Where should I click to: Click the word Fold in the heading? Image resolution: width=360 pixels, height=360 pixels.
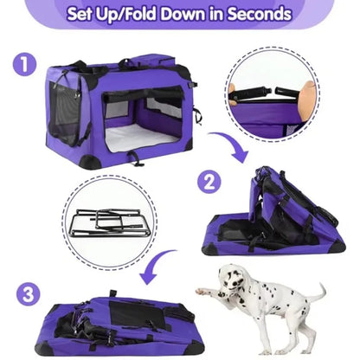click(x=137, y=15)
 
